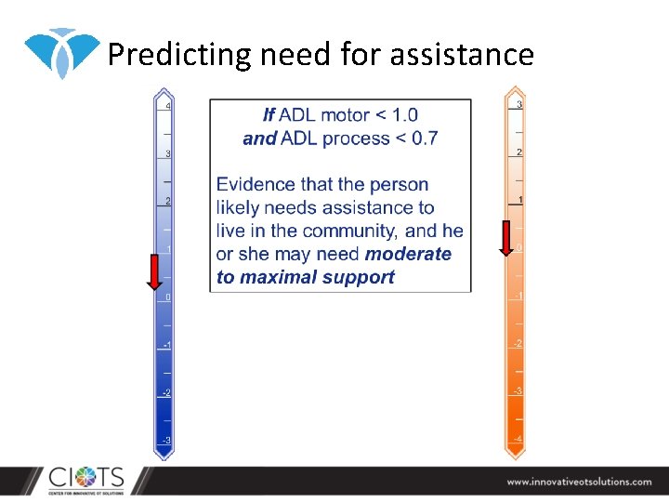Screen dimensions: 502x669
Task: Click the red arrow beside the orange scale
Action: click(506, 237)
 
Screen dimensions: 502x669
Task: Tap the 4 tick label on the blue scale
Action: click(167, 106)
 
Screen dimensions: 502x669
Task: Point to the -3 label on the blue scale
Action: click(165, 439)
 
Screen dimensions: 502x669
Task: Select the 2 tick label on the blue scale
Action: click(167, 201)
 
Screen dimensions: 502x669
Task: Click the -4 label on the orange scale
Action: click(518, 438)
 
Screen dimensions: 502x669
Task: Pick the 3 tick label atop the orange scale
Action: click(519, 104)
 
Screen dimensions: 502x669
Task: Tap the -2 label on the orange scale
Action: click(518, 343)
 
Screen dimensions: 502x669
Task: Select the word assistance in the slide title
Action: click(462, 55)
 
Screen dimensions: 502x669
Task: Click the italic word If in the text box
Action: click(269, 115)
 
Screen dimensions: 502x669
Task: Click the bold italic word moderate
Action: click(408, 254)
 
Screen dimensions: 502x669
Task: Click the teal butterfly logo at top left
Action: click(60, 51)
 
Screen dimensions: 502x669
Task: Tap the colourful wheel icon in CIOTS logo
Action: click(85, 480)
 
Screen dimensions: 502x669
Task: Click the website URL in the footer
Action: click(579, 482)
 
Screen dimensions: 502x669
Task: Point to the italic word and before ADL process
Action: click(260, 139)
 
